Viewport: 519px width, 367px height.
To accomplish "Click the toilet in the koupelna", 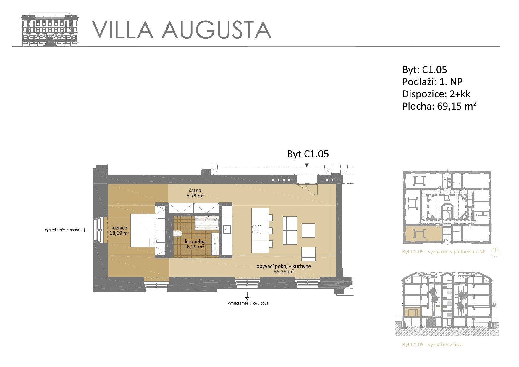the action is tap(178, 234).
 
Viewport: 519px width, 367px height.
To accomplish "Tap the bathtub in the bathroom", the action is tap(207, 223).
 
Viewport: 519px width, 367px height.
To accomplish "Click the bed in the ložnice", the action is tap(143, 231).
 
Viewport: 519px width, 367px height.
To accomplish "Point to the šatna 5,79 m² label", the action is tap(196, 193).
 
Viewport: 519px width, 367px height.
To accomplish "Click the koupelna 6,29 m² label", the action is tap(195, 244).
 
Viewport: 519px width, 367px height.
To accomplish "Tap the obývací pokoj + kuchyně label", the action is tap(284, 266).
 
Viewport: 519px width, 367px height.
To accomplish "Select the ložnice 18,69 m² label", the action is tap(119, 230).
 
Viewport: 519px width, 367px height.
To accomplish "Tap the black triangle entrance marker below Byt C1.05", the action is tap(307, 165).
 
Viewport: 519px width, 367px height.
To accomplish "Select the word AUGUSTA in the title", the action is tap(216, 30).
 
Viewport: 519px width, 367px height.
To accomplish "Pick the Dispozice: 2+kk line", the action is tap(436, 94).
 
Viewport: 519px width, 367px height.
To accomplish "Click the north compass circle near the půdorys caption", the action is tap(495, 252).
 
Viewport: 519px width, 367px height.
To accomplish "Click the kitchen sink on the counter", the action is tap(227, 229).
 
